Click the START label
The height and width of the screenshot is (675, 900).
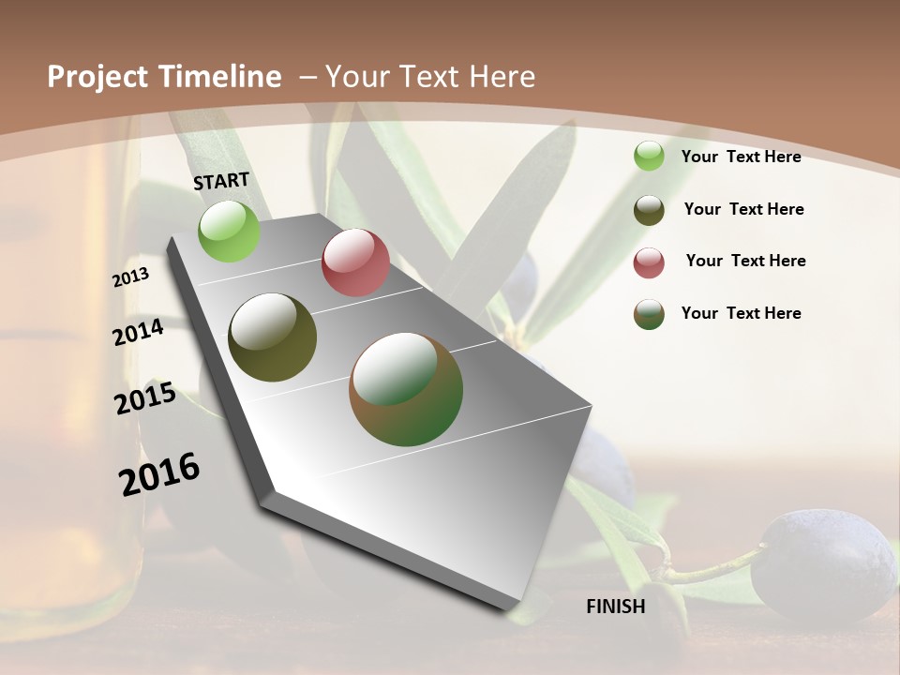221,181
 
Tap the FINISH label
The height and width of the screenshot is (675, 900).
616,607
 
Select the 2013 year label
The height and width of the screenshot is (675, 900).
131,277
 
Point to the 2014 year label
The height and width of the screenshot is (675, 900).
139,332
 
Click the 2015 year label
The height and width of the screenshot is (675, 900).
145,398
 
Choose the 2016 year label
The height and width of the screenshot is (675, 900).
159,473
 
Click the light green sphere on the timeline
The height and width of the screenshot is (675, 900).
229,231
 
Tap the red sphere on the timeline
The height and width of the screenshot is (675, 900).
355,262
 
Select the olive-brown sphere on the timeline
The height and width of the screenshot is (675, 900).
272,337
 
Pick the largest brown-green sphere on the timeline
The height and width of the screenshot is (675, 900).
406,389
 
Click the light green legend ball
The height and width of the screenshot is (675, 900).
649,157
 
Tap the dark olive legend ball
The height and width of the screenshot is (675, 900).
649,210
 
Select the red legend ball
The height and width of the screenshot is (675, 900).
649,262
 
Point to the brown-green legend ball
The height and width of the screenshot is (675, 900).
649,314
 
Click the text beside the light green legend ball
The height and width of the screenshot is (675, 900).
741,157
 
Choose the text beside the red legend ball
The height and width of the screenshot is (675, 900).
745,261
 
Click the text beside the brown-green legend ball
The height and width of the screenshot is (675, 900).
741,313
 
